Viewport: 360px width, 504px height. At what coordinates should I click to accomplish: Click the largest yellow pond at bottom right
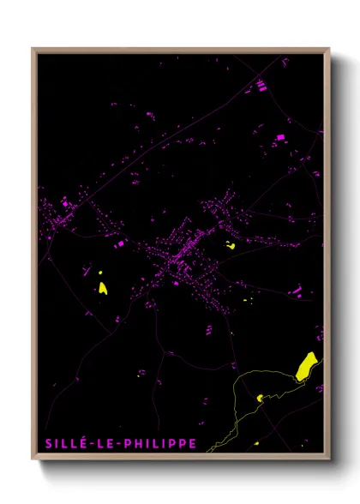point(307,366)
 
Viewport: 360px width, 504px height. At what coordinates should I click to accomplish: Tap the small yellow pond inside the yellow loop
point(260,398)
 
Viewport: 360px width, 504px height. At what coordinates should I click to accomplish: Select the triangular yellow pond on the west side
point(103,288)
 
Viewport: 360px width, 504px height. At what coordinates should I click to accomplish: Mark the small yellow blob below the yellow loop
point(255,442)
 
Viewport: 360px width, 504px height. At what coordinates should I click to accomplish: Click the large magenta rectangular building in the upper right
point(279,137)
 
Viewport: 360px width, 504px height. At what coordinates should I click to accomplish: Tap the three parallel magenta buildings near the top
point(261,85)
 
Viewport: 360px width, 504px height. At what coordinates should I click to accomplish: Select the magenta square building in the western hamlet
point(63,203)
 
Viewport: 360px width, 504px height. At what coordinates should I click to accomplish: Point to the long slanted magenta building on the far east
point(297,292)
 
